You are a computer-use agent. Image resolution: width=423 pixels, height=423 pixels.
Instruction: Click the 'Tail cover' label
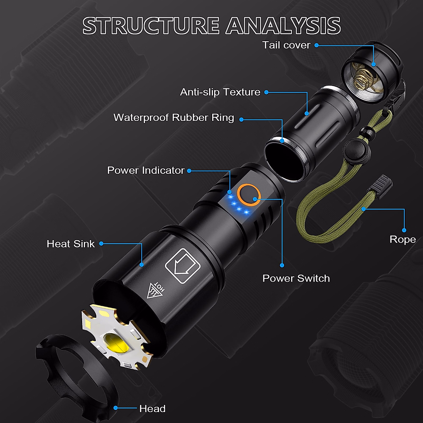click(x=286, y=45)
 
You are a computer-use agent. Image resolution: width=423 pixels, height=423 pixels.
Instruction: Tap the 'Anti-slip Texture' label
click(x=220, y=92)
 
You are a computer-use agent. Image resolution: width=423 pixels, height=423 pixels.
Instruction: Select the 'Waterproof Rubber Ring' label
click(x=173, y=117)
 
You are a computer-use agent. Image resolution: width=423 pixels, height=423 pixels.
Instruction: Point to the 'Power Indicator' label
click(x=146, y=170)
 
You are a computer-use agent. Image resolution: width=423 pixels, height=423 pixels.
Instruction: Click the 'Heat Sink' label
click(x=70, y=244)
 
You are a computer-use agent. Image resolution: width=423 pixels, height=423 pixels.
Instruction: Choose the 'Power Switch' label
click(x=296, y=278)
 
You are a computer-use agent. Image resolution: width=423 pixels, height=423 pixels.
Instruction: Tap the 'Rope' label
click(x=403, y=239)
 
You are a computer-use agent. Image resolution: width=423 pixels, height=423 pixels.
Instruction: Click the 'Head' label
click(x=152, y=409)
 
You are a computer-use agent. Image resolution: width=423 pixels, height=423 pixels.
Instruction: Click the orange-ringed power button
click(x=249, y=194)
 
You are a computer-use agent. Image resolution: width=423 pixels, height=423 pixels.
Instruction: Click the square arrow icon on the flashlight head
click(x=183, y=266)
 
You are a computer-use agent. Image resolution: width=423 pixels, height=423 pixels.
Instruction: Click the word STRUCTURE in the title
click(x=151, y=26)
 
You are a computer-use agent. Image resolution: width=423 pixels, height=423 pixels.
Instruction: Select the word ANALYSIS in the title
click(x=283, y=26)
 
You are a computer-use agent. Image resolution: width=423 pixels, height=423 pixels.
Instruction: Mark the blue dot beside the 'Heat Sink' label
click(x=101, y=244)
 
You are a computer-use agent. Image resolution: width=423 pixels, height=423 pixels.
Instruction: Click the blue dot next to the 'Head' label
click(x=116, y=408)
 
